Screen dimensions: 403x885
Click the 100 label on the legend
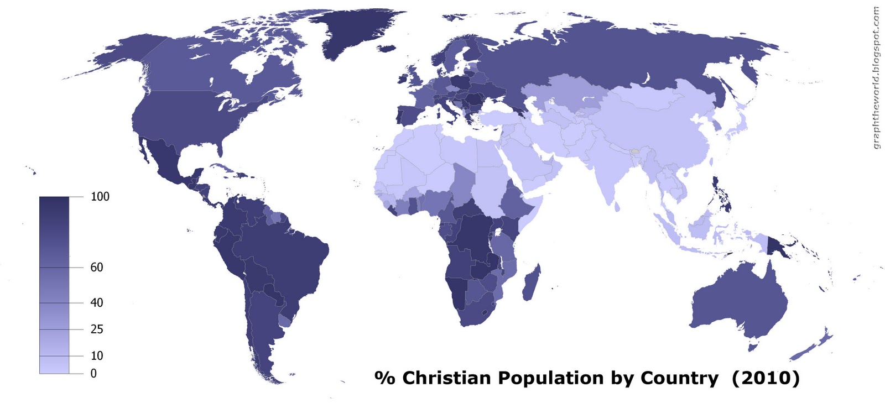pyautogui.click(x=100, y=196)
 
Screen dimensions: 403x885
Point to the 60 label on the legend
pyautogui.click(x=97, y=267)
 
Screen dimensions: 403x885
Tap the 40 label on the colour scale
pyautogui.click(x=97, y=302)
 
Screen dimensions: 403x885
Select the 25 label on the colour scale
pyautogui.click(x=97, y=329)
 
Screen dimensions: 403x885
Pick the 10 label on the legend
pyautogui.click(x=97, y=355)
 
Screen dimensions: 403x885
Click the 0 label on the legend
pyautogui.click(x=93, y=373)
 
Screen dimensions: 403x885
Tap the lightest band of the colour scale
pyautogui.click(x=54, y=365)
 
